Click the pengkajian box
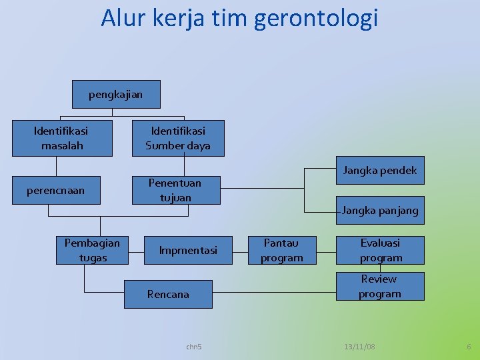pos(116,95)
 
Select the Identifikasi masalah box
pos(63,138)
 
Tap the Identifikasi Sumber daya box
pos(178,138)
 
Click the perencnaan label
pos(56,191)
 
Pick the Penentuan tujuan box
pos(175,190)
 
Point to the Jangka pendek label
pos(379,171)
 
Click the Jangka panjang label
pos(380,211)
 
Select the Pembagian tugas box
pos(93,250)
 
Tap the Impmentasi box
pos(188,250)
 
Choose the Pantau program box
pos(281,250)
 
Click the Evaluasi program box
pos(381,250)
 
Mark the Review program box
pos(379,286)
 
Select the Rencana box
pos(168,294)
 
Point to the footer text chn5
pos(194,347)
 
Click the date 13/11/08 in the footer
pos(359,347)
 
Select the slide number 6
pos(469,347)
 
